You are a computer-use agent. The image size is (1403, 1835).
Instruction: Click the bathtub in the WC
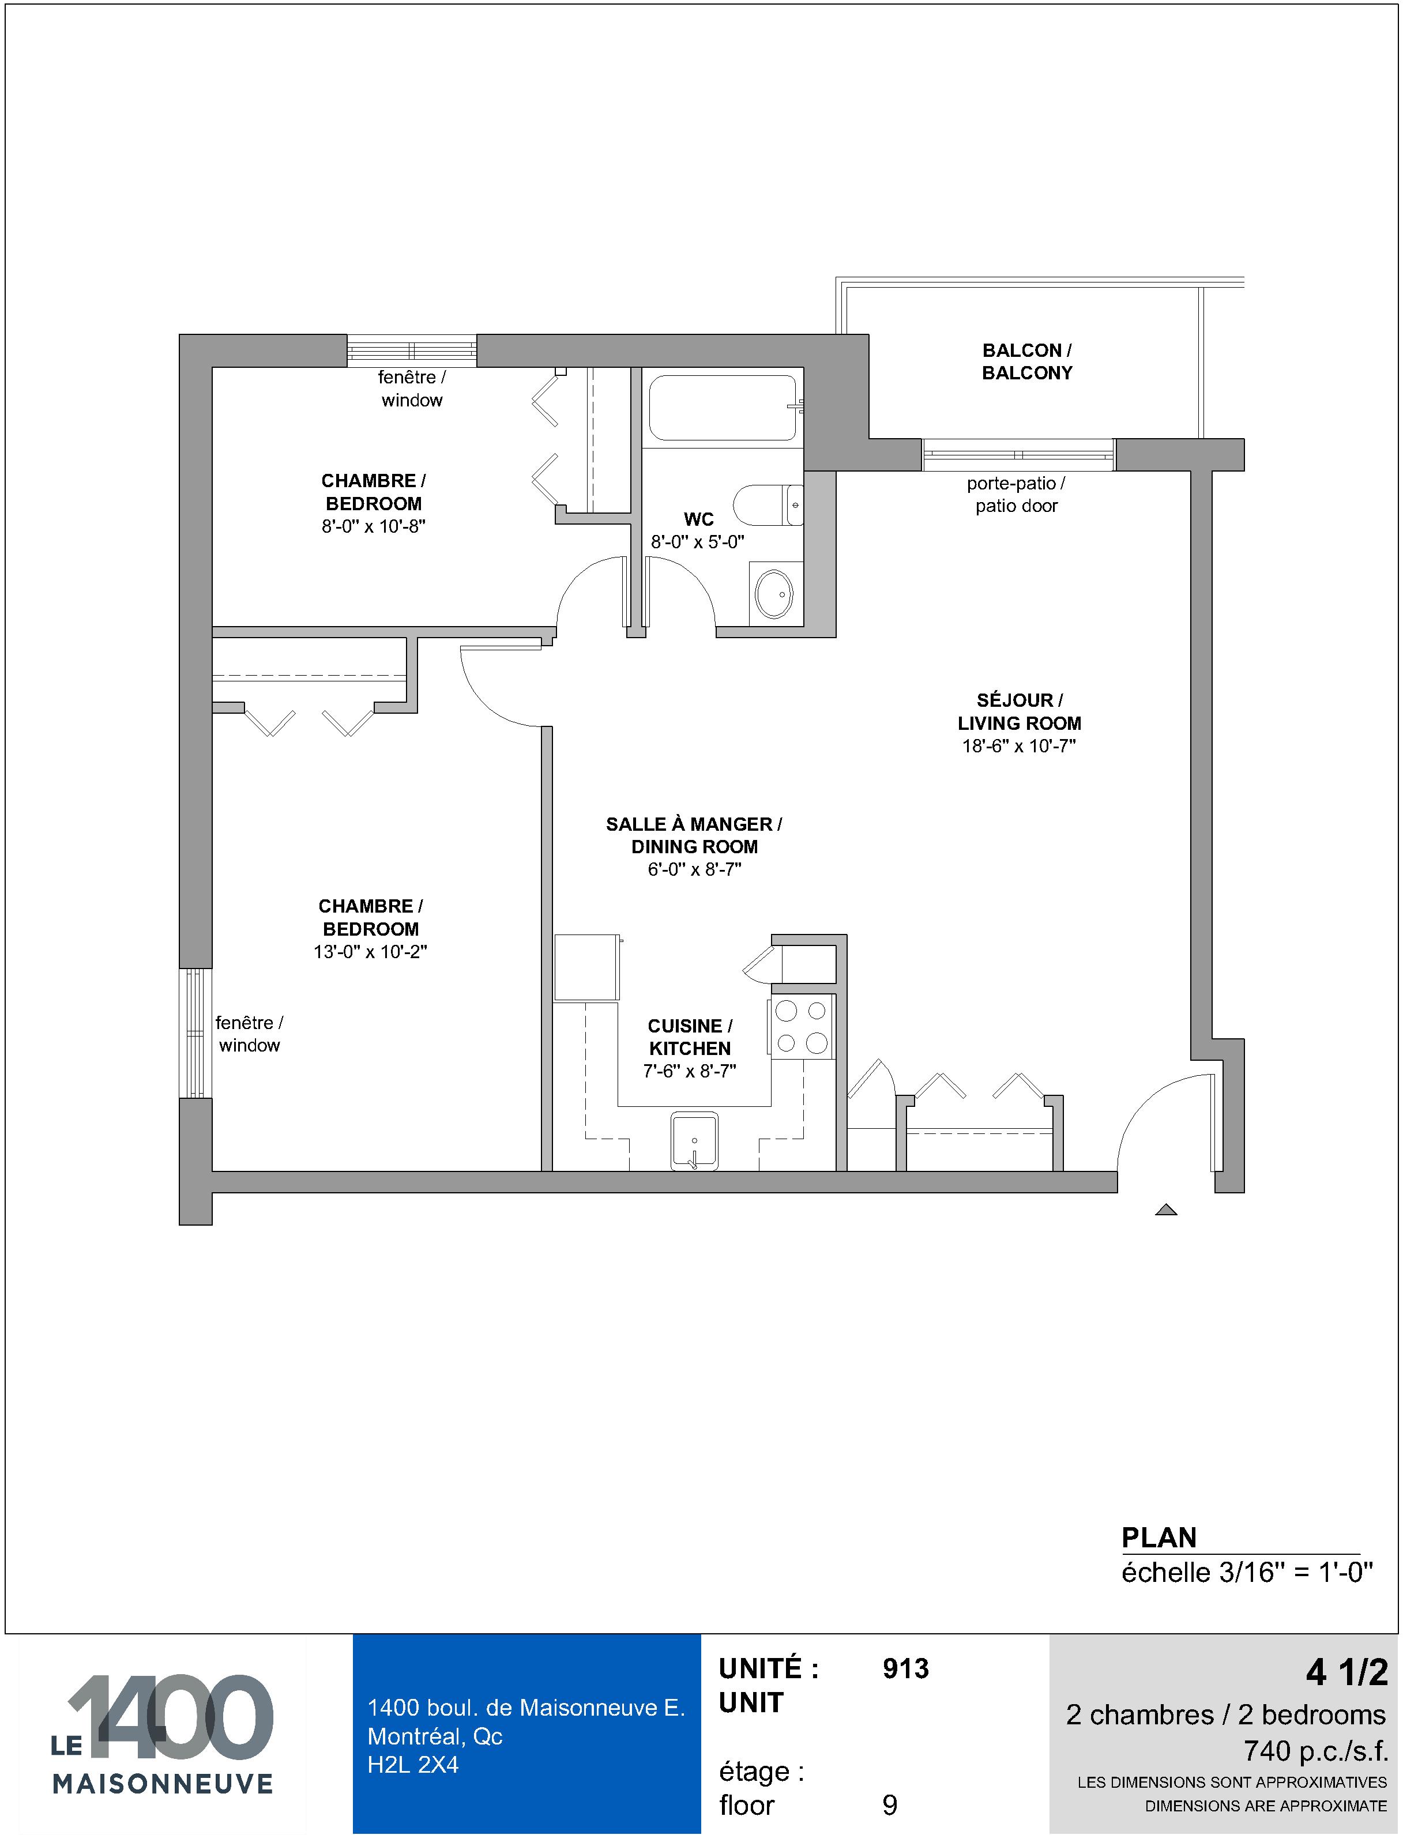click(723, 408)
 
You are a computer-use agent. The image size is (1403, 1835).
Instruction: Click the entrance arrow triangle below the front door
click(1166, 1209)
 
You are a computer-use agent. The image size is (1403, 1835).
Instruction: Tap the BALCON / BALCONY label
click(1027, 361)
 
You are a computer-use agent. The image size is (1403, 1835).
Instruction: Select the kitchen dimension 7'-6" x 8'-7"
click(690, 1071)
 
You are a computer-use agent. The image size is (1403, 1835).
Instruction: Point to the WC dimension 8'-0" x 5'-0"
click(697, 542)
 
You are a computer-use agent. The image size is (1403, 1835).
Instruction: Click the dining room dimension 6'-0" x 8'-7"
click(694, 869)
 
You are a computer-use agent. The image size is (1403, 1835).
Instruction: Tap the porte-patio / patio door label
click(1016, 494)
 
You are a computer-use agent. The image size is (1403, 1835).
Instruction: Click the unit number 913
click(905, 1669)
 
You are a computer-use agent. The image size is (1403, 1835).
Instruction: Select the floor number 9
click(890, 1805)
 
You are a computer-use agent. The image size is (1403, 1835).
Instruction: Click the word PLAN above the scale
click(1159, 1537)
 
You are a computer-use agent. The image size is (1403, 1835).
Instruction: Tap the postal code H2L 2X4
click(413, 1764)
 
